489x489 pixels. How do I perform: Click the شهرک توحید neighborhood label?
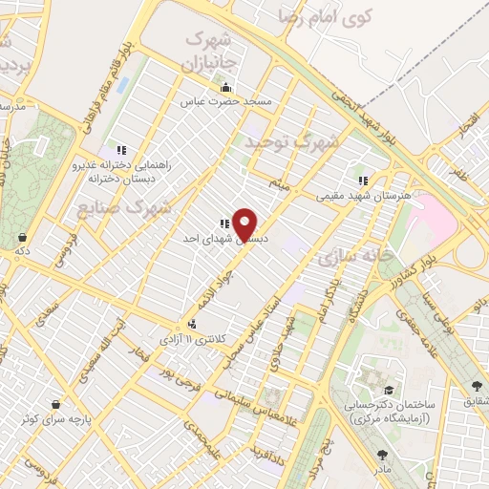(x=291, y=141)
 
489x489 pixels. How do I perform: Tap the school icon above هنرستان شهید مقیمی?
(x=362, y=180)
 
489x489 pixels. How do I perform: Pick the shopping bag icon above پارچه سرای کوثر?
(x=56, y=403)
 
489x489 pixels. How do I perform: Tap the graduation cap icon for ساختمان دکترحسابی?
(x=388, y=391)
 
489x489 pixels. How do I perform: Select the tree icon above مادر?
(x=383, y=456)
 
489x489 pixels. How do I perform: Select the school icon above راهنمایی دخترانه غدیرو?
(x=120, y=150)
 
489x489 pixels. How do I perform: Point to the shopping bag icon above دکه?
(x=22, y=237)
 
